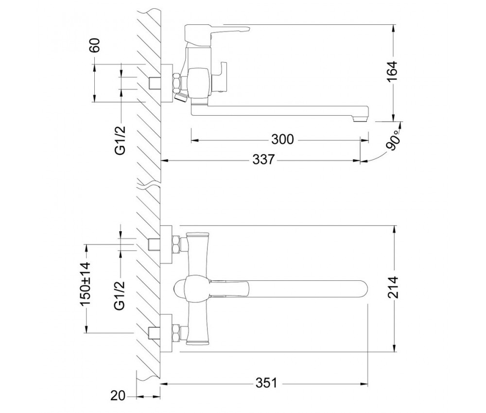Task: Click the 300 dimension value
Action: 282,139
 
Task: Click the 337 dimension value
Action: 264,160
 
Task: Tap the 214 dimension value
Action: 393,287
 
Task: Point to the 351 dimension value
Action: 266,383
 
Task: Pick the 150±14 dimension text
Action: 86,284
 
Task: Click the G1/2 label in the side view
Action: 120,140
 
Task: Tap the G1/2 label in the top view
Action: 120,295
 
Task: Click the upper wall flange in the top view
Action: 166,245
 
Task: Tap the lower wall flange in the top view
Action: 166,333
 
